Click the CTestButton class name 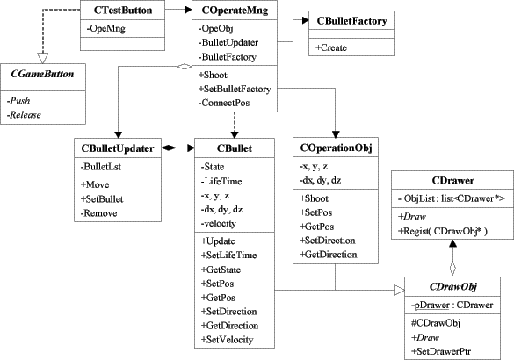click(x=123, y=11)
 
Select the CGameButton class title click(x=42, y=74)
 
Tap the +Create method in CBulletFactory click(x=331, y=47)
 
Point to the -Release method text click(x=24, y=115)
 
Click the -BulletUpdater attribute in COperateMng click(x=228, y=42)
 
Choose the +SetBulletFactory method click(x=235, y=89)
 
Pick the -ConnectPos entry click(x=224, y=103)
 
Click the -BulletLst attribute click(x=101, y=167)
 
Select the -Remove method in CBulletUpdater click(x=99, y=213)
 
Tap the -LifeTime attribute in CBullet click(x=221, y=181)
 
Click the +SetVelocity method click(x=228, y=340)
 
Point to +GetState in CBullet click(x=221, y=270)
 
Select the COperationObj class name click(x=336, y=148)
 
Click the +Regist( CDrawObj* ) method click(x=443, y=231)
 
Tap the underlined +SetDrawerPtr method click(x=441, y=352)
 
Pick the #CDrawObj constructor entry click(x=436, y=323)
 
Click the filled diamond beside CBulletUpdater click(x=169, y=148)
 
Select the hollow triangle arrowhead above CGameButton click(x=43, y=58)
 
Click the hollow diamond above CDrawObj click(x=452, y=269)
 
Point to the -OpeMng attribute click(x=106, y=28)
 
